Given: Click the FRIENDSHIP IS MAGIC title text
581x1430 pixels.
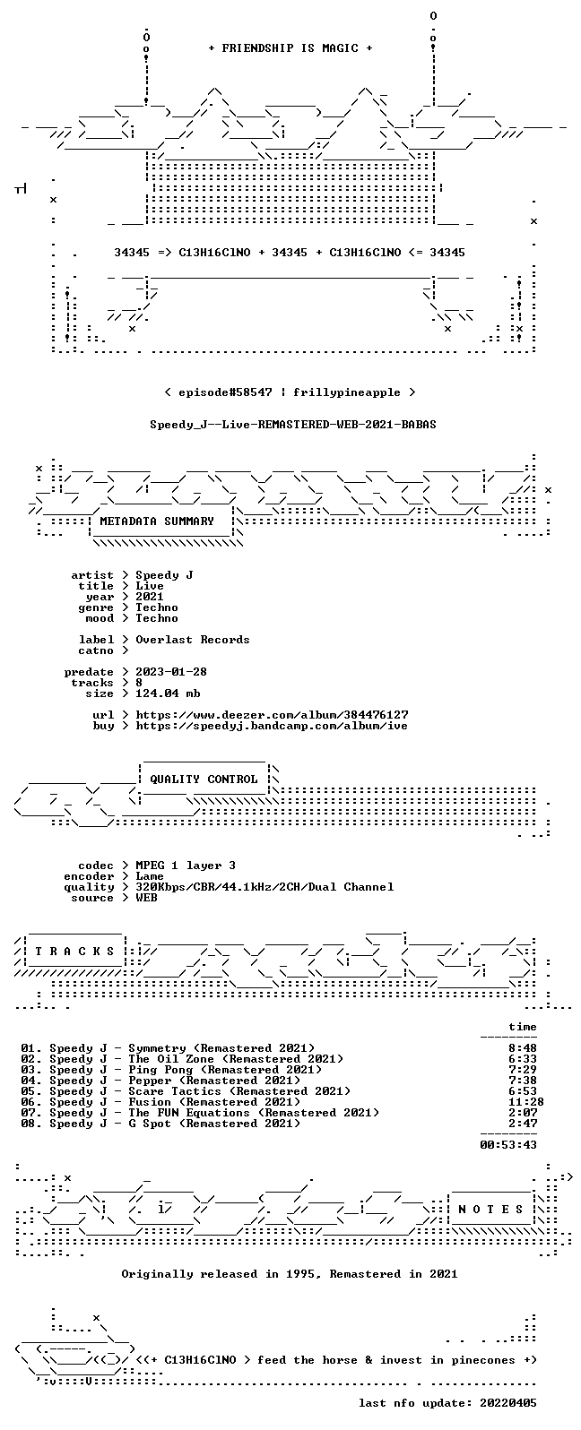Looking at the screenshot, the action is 290,47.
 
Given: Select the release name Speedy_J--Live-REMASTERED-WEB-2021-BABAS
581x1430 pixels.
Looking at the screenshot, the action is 292,424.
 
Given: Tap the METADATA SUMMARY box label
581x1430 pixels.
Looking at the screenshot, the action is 157,521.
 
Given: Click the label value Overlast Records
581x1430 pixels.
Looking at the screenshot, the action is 193,640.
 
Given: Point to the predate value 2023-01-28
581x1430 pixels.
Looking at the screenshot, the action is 170,672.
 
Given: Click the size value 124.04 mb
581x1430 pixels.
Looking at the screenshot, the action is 168,693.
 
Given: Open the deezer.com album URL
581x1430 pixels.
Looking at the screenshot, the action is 272,714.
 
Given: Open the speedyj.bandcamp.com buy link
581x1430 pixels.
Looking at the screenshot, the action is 271,725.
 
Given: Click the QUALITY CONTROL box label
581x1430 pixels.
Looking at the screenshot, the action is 204,779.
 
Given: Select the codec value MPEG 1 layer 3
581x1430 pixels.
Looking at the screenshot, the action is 186,865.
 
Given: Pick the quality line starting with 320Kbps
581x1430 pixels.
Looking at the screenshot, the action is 264,887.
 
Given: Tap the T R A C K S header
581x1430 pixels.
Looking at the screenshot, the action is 74,952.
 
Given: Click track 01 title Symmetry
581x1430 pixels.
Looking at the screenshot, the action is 157,1047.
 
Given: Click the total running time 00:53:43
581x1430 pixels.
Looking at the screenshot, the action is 508,1145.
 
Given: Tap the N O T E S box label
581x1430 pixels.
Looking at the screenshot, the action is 490,1209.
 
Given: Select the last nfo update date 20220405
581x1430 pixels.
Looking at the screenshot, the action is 508,1402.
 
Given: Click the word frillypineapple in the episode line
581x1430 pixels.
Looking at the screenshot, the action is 346,392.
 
